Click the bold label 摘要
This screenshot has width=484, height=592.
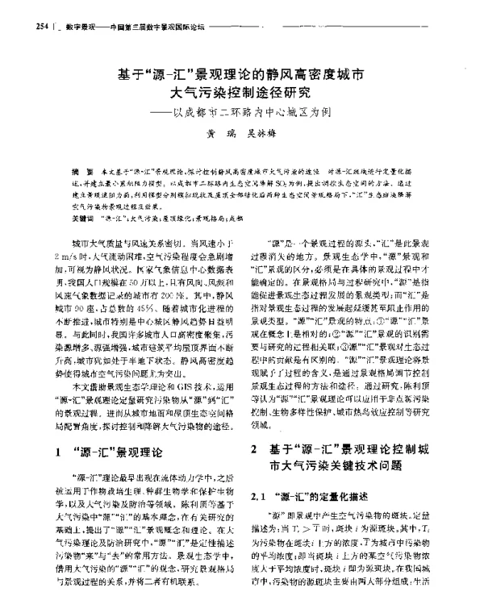point(77,172)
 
